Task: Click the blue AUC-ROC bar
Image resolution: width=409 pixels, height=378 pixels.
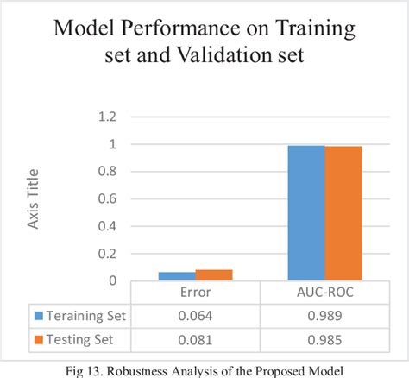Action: (306, 213)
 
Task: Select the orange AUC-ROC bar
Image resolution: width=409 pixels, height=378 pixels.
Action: (343, 213)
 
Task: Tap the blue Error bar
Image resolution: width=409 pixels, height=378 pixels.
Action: (177, 276)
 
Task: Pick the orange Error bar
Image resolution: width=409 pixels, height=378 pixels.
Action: (214, 274)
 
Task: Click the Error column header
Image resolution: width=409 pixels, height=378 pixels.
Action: (196, 293)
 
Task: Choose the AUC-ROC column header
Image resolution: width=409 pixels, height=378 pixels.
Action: (324, 293)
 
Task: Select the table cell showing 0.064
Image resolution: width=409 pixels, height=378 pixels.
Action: (196, 316)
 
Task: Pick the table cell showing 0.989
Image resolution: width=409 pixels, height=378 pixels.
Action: (324, 316)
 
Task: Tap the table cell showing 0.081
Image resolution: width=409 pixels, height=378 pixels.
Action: (196, 339)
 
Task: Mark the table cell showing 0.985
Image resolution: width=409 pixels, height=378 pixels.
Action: (324, 339)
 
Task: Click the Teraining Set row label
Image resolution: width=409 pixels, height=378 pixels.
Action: (89, 316)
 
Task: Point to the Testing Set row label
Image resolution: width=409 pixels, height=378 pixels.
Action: (85, 339)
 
